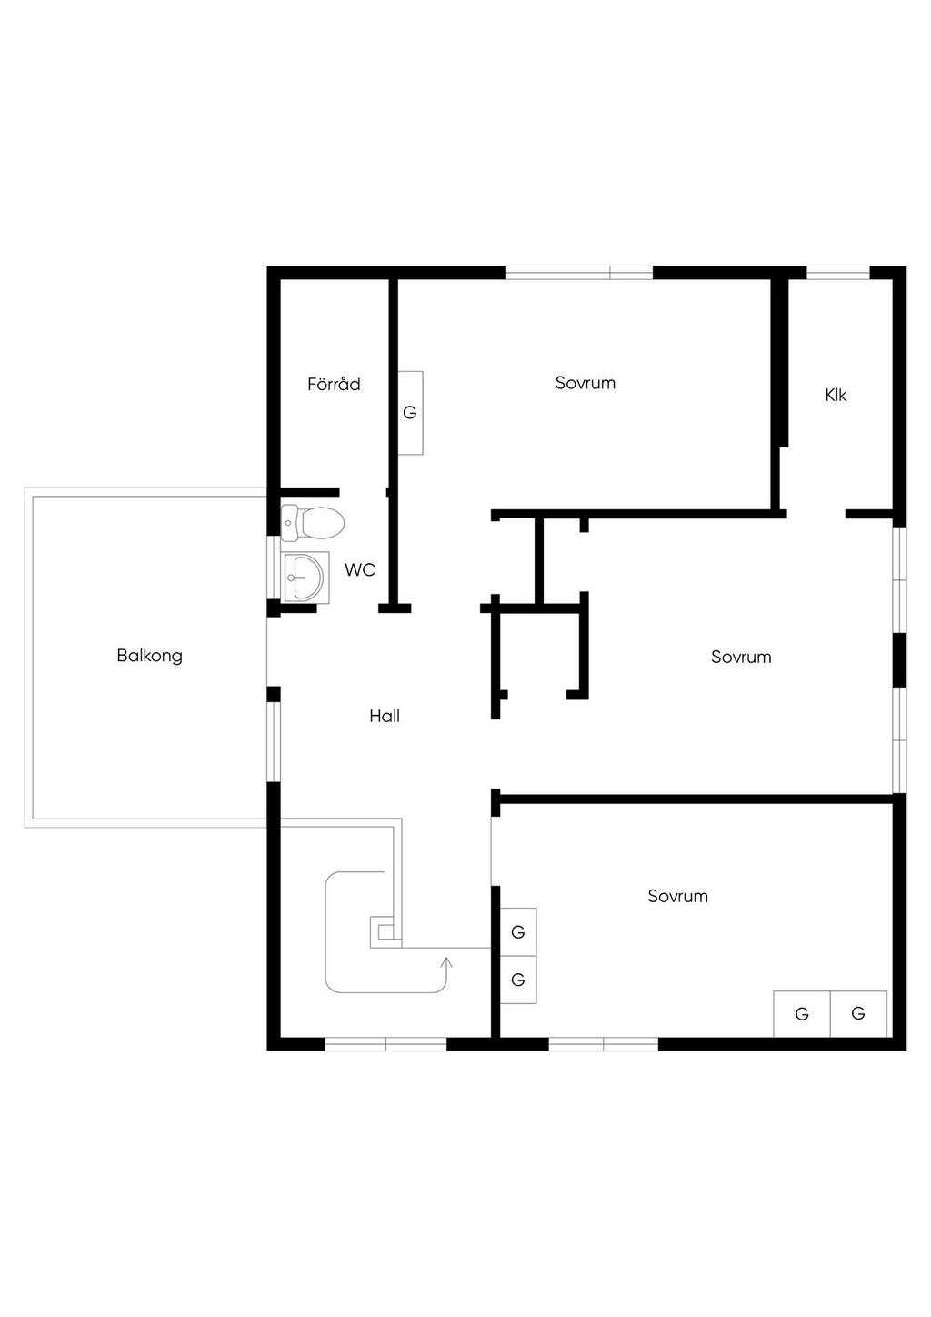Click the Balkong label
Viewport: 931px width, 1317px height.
pos(149,656)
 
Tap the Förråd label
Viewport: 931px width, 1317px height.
pos(334,384)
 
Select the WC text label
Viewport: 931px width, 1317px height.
pos(360,570)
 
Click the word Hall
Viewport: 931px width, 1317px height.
pos(385,716)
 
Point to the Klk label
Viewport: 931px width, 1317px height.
pos(836,395)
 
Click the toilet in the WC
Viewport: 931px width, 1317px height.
pos(314,522)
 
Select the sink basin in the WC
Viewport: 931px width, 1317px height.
pos(303,577)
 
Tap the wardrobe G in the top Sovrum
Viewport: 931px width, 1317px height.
pos(410,413)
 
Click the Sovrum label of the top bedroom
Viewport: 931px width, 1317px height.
pos(586,383)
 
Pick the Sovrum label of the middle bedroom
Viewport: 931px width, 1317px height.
pos(741,657)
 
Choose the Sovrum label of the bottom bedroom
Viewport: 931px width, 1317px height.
pos(677,896)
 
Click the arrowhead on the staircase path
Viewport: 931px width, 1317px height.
pos(446,961)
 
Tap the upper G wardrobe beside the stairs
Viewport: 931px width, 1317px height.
pos(518,932)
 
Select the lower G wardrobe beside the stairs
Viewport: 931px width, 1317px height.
pos(518,980)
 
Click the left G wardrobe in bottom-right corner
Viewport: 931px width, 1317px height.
pos(802,1014)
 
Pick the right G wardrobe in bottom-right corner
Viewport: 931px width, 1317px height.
pos(858,1014)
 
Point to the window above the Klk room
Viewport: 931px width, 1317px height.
pos(838,272)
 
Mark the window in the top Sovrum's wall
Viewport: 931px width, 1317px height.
pos(579,272)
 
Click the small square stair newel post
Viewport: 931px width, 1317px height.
pos(385,930)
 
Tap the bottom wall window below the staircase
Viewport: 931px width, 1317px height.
pos(386,1044)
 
